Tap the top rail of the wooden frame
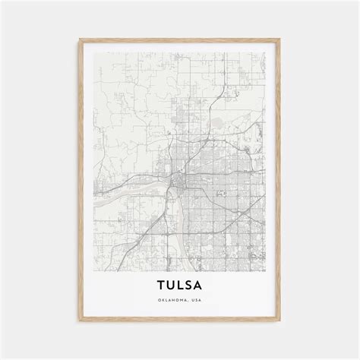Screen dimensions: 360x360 (180, 27)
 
